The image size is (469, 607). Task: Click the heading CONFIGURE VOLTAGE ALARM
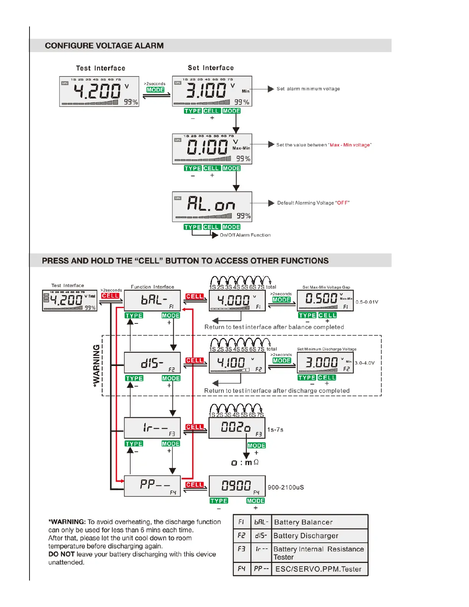[104, 46]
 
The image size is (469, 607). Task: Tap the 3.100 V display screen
[212, 91]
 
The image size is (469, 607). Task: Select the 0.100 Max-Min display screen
[212, 149]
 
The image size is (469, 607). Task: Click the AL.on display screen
[212, 207]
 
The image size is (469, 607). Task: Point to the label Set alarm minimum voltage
[308, 89]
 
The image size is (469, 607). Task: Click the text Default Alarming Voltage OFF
[313, 203]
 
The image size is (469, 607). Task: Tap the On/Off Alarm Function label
[245, 235]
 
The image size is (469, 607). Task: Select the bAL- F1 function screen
[152, 300]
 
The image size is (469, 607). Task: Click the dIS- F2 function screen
[152, 363]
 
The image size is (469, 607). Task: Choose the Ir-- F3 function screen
[152, 428]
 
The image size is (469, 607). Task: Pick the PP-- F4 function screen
[152, 486]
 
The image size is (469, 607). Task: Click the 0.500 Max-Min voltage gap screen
[325, 300]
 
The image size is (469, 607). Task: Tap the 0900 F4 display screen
[237, 486]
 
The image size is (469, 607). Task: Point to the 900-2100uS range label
[286, 487]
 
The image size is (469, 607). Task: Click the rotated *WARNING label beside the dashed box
[97, 366]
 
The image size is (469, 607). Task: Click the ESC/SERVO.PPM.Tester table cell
[318, 569]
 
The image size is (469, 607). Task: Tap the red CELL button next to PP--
[194, 485]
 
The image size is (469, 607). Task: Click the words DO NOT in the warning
[61, 554]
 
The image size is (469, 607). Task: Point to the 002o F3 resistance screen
[237, 428]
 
